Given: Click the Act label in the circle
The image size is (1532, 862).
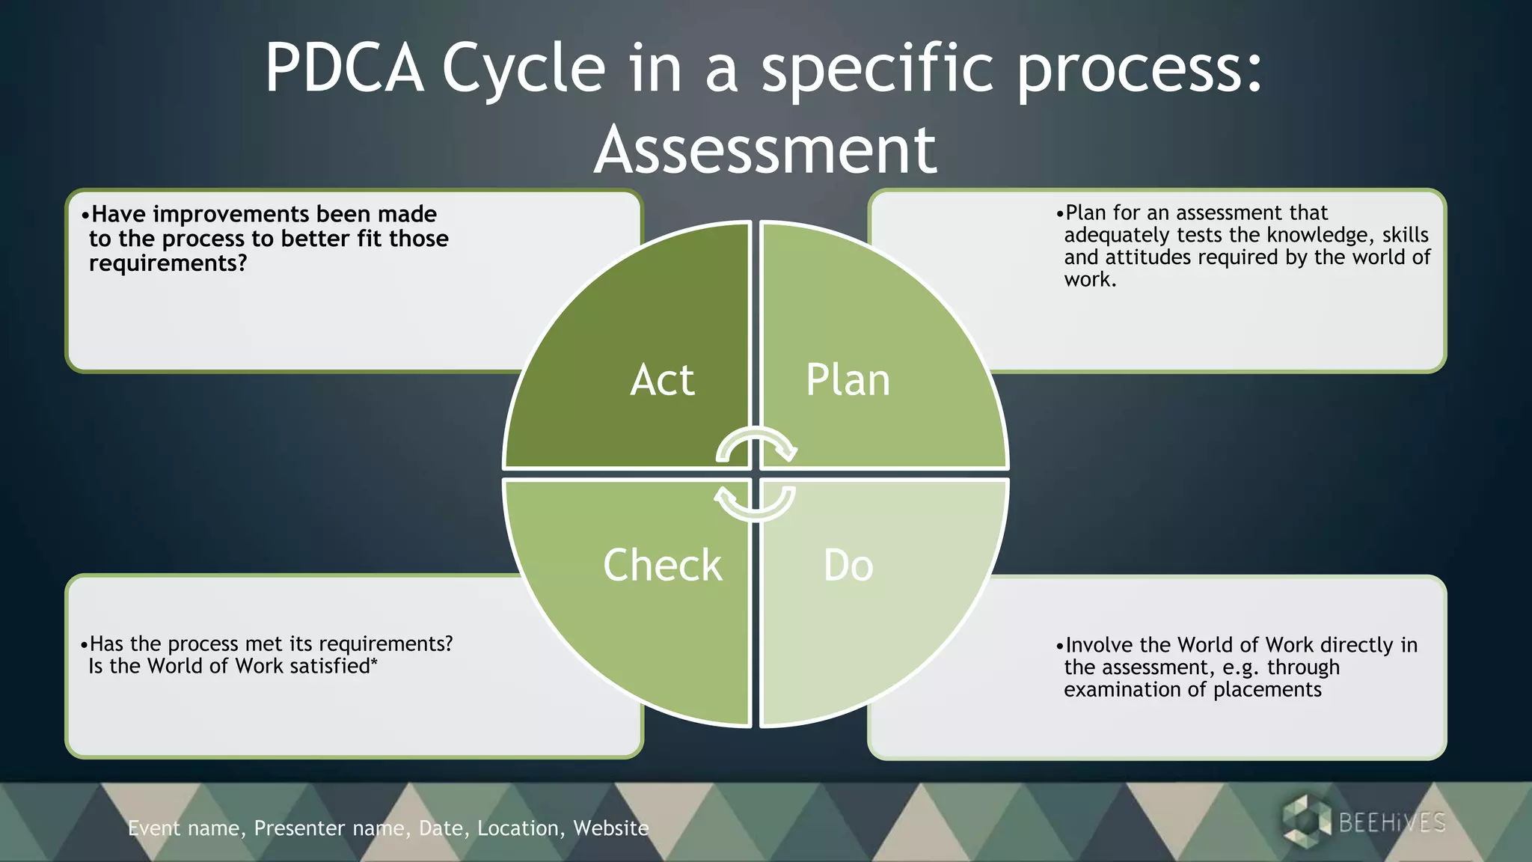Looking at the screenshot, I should [x=662, y=380].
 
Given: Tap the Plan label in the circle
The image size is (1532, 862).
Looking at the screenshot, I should [x=848, y=380].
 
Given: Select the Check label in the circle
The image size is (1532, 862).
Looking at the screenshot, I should [x=663, y=565].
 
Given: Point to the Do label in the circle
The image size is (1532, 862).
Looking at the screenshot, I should [x=848, y=565].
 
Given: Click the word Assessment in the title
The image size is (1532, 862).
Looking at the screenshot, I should [x=765, y=150].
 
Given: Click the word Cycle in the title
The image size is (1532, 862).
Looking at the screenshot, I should [x=524, y=69].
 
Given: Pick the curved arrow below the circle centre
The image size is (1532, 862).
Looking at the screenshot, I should [x=755, y=503].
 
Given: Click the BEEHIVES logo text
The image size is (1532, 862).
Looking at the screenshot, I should [x=1391, y=823].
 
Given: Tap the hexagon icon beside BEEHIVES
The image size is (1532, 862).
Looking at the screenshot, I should [x=1306, y=822].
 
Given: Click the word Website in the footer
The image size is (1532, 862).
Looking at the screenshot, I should [x=610, y=828].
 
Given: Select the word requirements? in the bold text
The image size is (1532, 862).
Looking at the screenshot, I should [x=168, y=263].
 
